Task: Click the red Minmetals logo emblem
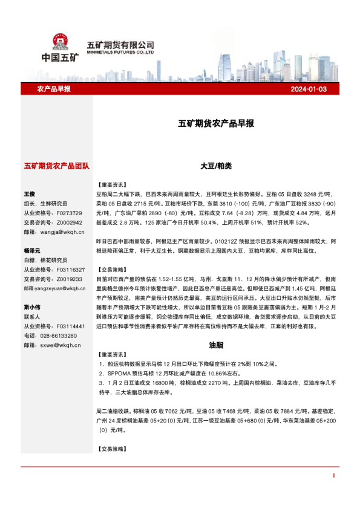[x=59, y=41]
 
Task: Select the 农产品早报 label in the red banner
[x=54, y=89]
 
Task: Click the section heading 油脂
[x=216, y=345]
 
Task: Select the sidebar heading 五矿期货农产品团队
[x=56, y=165]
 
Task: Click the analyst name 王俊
[x=30, y=194]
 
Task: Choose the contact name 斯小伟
[x=32, y=306]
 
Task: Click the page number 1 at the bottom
[x=333, y=476]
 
